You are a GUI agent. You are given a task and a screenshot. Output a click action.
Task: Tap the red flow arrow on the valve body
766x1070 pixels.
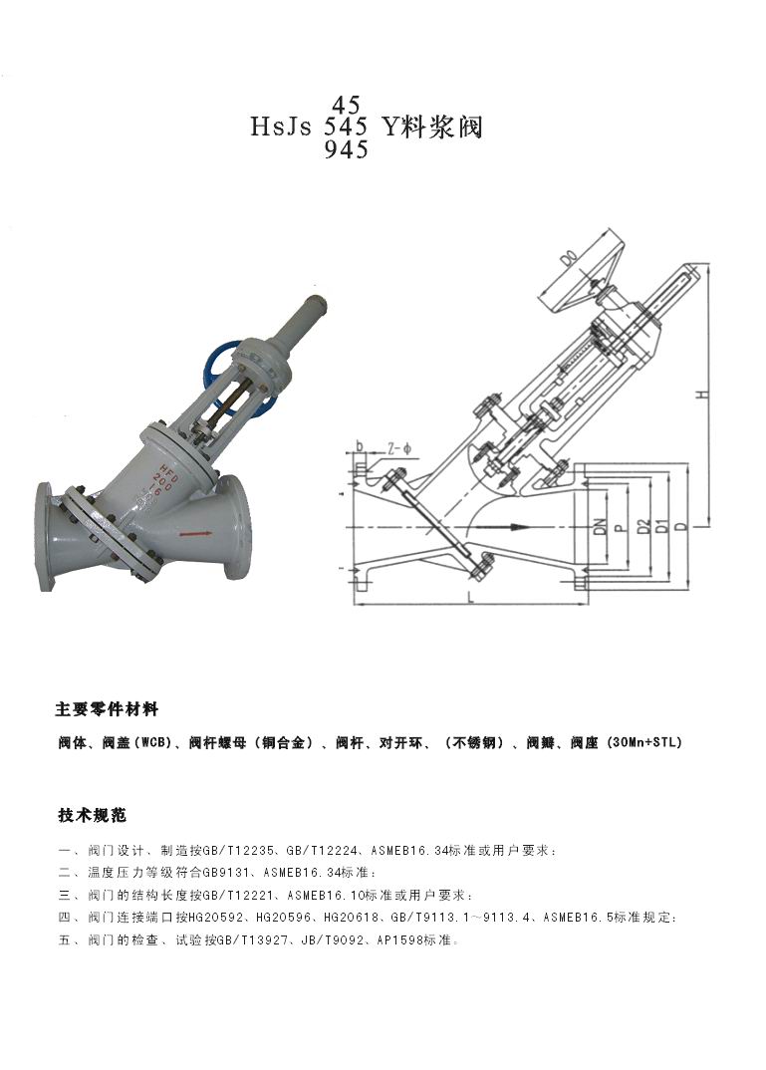click(192, 534)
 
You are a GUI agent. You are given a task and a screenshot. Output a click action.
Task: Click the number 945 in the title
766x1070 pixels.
click(347, 149)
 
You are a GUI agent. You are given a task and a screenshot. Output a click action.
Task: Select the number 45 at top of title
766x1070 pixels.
click(346, 105)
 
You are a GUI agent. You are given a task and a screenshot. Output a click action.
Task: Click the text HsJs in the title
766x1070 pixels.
click(281, 127)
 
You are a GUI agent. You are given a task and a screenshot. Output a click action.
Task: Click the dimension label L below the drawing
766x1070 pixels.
click(470, 598)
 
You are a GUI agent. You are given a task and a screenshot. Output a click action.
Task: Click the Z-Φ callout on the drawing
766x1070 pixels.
click(399, 448)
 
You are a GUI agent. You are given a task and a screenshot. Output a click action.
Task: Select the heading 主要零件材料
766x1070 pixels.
click(108, 709)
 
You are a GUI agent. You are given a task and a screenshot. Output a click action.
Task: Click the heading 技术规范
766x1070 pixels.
click(92, 815)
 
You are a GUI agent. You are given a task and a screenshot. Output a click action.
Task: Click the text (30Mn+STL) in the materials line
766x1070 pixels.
click(643, 742)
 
